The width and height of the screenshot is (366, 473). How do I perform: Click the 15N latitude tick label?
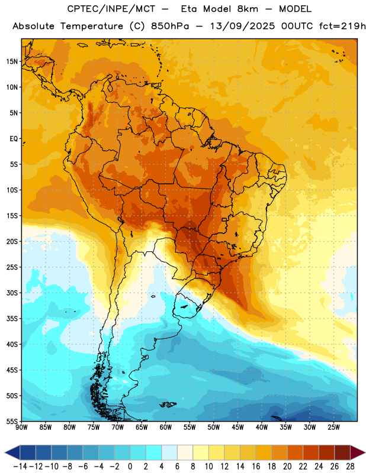[x=12, y=61]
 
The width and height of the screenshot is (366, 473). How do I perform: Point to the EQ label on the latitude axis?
[x=14, y=139]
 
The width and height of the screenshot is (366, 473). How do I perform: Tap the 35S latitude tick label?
[x=12, y=319]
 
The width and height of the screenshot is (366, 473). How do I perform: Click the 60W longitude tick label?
[x=166, y=427]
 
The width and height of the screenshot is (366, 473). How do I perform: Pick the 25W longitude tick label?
[x=333, y=427]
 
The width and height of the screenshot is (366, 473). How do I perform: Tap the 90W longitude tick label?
[x=21, y=427]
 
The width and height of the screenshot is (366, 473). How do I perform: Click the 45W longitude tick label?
[x=237, y=427]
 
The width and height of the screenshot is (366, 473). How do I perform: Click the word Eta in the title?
[x=189, y=9]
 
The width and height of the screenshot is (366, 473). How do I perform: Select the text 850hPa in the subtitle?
[x=170, y=26]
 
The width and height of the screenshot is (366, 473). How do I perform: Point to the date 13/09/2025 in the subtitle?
[x=242, y=26]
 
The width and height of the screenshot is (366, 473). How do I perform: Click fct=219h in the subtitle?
[x=342, y=26]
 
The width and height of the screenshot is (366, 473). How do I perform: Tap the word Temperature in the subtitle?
[x=92, y=26]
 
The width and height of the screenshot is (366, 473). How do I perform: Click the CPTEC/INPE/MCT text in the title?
[x=111, y=9]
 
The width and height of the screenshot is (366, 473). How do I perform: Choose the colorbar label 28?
[x=350, y=466]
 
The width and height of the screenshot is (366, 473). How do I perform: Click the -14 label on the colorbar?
[x=20, y=466]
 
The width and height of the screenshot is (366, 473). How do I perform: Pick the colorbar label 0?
[x=130, y=466]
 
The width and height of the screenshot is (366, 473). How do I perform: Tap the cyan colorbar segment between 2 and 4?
[x=153, y=452]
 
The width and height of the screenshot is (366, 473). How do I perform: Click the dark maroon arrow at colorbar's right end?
[x=357, y=452]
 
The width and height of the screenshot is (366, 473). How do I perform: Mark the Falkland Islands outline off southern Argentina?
[x=168, y=404]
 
